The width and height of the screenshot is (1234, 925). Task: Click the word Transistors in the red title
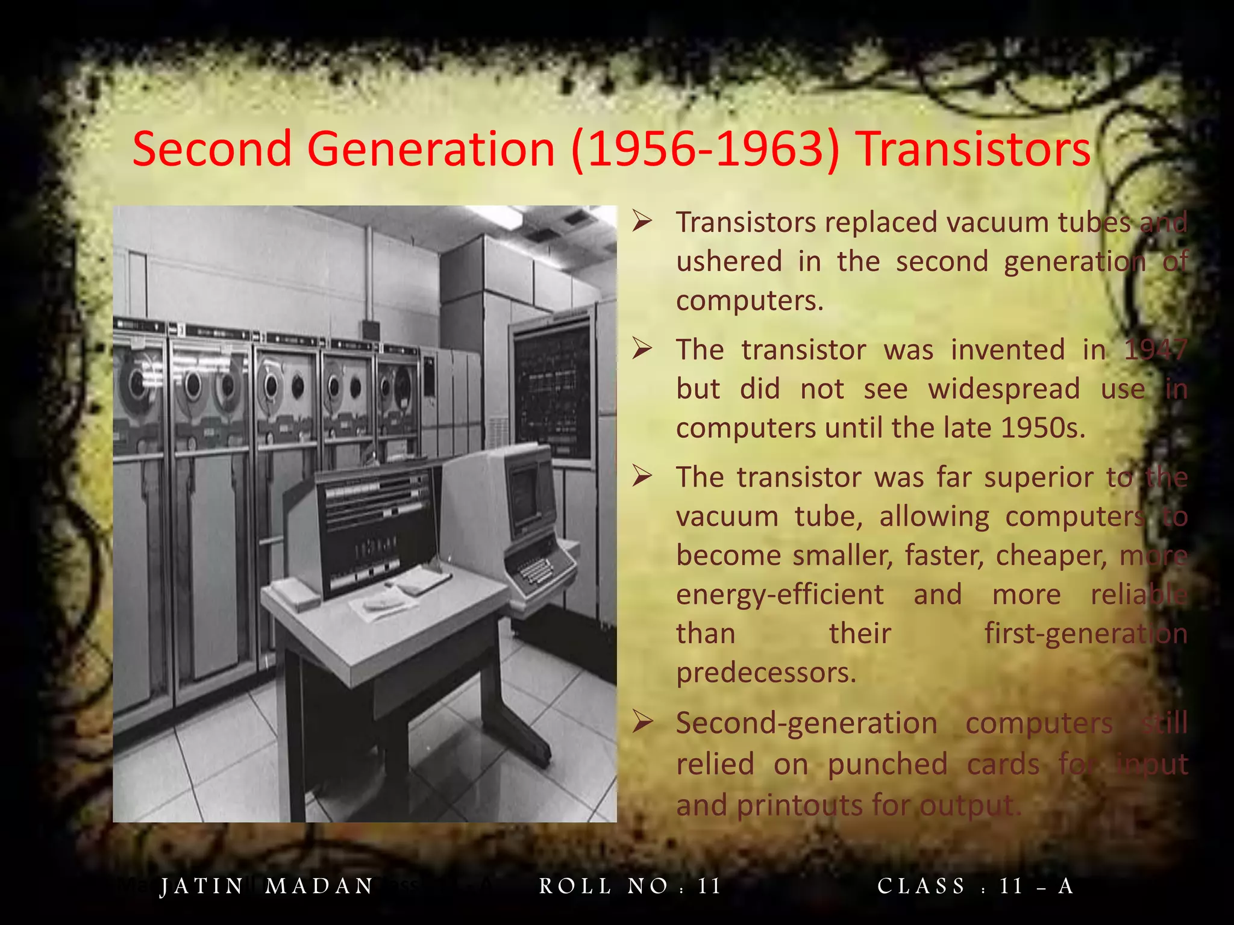coord(974,149)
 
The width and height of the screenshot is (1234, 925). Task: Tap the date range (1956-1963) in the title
coord(705,149)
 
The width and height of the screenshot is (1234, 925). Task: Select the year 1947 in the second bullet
coord(1156,350)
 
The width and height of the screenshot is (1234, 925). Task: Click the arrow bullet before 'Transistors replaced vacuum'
coord(642,222)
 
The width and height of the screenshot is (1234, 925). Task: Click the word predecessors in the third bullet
coord(765,673)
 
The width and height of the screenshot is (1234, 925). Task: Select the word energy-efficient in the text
coord(780,595)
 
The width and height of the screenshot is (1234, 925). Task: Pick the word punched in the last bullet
coord(888,764)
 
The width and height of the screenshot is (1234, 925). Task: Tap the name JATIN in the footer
coord(202,886)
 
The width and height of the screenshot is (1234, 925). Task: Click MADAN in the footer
coord(319,886)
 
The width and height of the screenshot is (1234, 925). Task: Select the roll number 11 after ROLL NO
coord(709,886)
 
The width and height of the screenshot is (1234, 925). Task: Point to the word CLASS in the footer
coord(921,886)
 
